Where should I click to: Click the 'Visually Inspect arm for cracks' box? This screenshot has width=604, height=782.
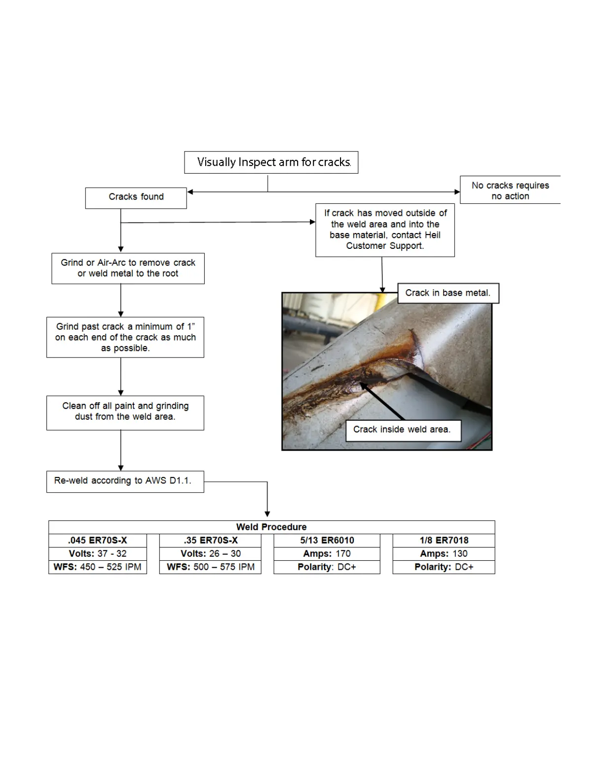271,162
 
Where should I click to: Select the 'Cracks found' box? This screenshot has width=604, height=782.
136,197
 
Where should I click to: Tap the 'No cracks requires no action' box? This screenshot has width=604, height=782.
510,191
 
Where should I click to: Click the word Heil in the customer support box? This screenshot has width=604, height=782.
432,235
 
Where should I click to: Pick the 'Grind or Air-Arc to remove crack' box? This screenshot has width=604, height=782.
128,268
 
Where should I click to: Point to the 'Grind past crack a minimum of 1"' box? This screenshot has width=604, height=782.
125,337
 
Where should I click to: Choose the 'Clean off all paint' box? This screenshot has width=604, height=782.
125,412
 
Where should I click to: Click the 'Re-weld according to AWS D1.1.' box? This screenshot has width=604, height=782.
125,481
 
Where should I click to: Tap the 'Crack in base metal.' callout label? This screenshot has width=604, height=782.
448,293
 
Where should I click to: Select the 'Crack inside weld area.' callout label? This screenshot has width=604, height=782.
402,430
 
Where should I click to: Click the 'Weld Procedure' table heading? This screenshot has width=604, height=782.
271,527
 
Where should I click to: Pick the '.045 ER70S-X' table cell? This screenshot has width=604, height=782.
98,541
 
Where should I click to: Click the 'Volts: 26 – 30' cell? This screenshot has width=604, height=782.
211,554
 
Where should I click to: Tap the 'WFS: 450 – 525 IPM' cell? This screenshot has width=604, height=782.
98,567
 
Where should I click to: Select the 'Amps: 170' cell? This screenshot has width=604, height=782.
327,554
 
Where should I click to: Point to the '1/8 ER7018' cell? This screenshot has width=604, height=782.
444,541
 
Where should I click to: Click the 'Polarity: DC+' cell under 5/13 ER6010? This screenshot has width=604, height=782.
327,567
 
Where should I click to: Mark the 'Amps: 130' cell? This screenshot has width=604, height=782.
444,554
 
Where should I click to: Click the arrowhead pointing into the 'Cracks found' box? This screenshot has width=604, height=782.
190,192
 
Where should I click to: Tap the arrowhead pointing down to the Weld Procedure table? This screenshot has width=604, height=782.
267,514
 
